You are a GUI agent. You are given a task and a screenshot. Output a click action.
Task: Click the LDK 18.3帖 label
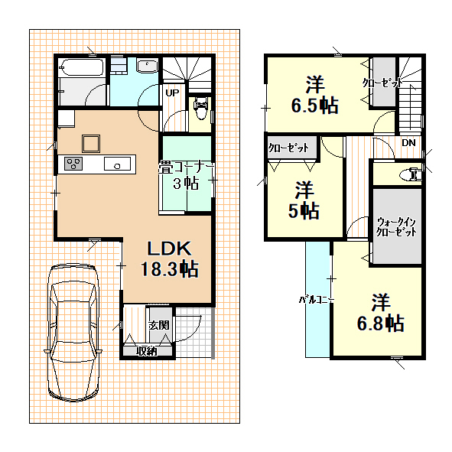pos(169,259)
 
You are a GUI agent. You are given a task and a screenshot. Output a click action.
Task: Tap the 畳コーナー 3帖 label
pos(186,176)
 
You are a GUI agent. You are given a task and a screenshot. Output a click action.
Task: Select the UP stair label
pos(172,93)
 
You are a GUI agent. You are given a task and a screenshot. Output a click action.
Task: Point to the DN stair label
pos(408,143)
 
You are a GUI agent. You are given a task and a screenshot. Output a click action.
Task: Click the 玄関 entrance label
pos(159,326)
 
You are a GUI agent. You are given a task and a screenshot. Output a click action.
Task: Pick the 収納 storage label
pos(147,351)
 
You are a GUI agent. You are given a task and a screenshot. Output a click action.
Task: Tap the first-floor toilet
pos(201,108)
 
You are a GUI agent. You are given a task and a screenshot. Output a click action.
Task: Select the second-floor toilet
pos(410,174)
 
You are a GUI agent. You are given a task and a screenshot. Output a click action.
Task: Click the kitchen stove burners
pos(73,164)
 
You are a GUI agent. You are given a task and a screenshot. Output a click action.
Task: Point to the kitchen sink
pos(117,164)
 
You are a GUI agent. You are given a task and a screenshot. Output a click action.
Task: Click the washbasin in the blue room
pos(147,66)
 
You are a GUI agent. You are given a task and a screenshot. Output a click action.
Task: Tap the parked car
pos(73,333)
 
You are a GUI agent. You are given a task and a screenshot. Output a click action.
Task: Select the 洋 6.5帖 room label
pos(314,94)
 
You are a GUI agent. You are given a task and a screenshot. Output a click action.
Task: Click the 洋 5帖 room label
pos(304,200)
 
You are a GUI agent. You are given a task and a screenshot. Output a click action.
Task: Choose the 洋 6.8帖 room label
pos(381,313)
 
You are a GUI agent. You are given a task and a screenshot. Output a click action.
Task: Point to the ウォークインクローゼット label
pos(396,227)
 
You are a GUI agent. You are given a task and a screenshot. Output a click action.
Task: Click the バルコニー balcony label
pos(317,300)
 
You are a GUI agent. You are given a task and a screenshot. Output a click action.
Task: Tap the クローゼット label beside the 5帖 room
pos(288,148)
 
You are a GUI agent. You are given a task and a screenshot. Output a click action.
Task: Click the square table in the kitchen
pos(91,144)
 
